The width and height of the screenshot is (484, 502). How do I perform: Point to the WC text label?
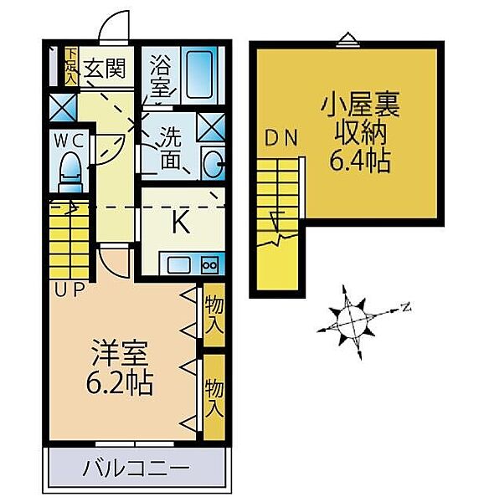tap(70, 140)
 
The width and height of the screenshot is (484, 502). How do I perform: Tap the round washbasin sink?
tap(213, 163)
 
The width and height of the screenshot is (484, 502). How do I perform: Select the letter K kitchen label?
tap(180, 223)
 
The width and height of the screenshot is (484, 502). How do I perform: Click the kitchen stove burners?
tap(209, 266)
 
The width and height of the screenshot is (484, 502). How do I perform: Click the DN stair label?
tap(280, 139)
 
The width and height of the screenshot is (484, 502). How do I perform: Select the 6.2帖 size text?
tap(118, 385)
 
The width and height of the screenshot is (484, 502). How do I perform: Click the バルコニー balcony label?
tap(136, 467)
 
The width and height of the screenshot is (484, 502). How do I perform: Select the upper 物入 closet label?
tap(214, 314)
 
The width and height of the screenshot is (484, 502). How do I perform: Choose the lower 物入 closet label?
tap(214, 397)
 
